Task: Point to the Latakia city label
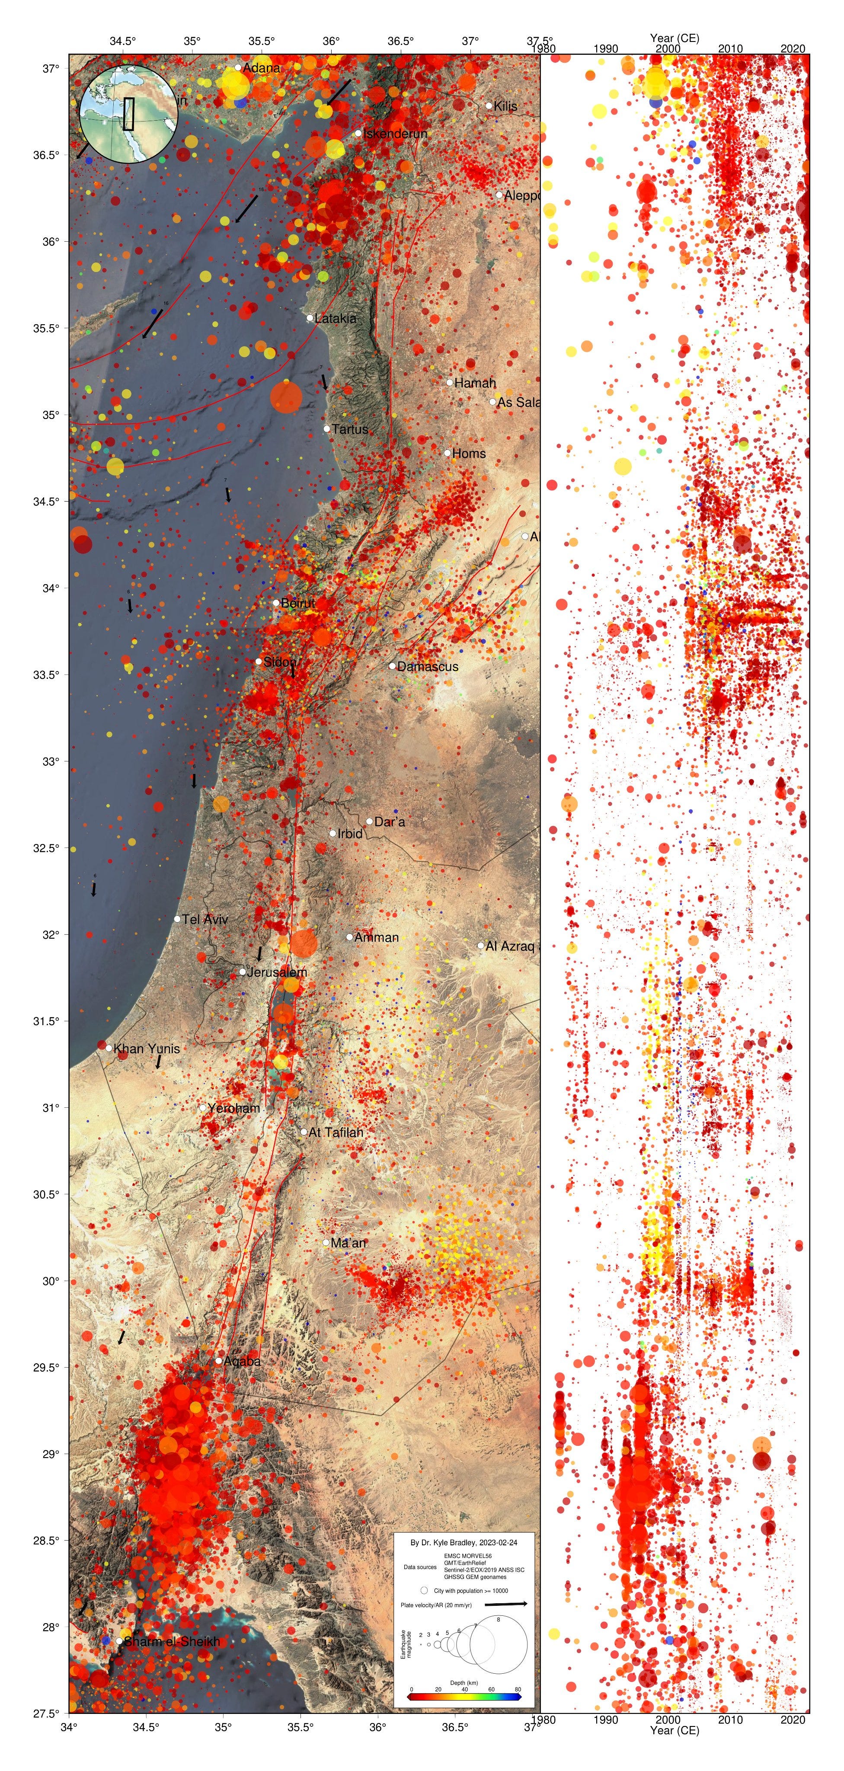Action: click(336, 318)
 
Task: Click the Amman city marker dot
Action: click(349, 937)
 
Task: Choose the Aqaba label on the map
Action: click(242, 1361)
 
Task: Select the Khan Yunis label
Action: click(147, 1049)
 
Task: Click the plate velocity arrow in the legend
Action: click(506, 1604)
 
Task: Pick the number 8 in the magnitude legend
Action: click(498, 1619)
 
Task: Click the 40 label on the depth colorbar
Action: click(465, 1689)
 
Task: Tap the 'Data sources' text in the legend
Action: click(420, 1567)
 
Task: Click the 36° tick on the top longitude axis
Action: click(331, 41)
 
